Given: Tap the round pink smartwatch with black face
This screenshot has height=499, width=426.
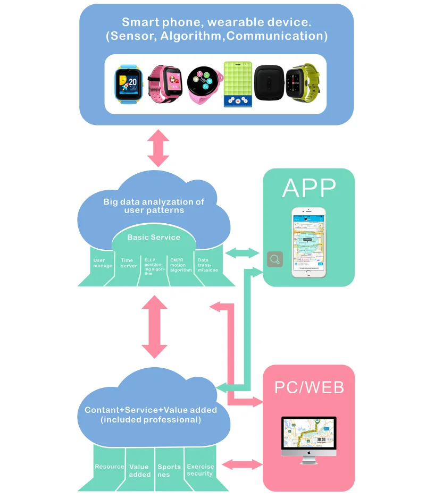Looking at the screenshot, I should (x=203, y=83).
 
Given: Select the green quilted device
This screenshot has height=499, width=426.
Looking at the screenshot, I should (x=238, y=84).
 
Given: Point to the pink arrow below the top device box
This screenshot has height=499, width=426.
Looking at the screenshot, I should (x=158, y=148).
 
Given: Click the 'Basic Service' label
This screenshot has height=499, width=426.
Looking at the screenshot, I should (x=153, y=237).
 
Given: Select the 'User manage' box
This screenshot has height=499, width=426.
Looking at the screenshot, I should (x=102, y=264).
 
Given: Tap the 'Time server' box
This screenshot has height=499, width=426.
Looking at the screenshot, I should (x=129, y=264).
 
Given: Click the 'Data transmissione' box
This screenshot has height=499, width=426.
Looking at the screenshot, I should (x=208, y=264).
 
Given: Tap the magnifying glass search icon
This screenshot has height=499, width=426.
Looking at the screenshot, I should (x=275, y=259).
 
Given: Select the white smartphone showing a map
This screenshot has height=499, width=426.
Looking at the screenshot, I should (x=308, y=242).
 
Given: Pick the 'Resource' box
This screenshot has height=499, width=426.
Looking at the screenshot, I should (x=109, y=467).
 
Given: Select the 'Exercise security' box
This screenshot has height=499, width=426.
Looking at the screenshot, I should (x=200, y=470).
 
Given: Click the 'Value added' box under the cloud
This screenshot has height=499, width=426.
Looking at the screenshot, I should (x=139, y=470).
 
